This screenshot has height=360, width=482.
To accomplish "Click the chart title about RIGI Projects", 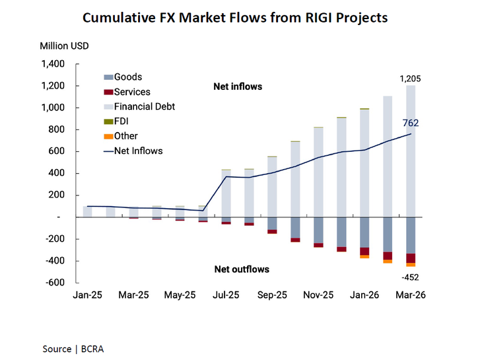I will click(x=240, y=17).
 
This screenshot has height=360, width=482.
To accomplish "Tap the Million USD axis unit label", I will click(x=64, y=46).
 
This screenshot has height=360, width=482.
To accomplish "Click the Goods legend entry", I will click(x=127, y=77).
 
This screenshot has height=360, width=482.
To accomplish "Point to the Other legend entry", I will click(x=126, y=136).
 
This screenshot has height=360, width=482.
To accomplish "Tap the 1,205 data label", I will click(x=410, y=79).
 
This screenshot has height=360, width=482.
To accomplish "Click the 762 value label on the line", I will click(x=410, y=122).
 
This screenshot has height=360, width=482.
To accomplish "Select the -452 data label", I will click(x=410, y=277).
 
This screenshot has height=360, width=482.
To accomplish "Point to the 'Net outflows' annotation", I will click(x=242, y=269).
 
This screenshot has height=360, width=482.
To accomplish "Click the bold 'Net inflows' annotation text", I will click(x=238, y=87).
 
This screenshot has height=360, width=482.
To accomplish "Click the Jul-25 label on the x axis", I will click(x=226, y=296).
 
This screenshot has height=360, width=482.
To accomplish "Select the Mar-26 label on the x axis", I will click(x=411, y=296).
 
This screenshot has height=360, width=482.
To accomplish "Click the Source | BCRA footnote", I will click(x=73, y=348).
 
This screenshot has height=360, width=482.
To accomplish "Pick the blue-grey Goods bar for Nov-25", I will click(x=318, y=230).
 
